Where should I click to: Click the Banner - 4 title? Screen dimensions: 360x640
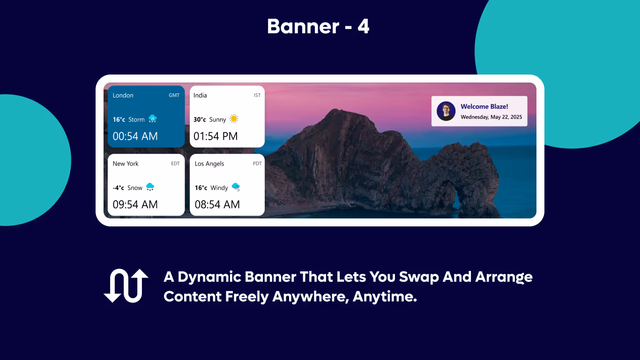pyautogui.click(x=318, y=27)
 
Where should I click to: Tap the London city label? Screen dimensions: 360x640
pyautogui.click(x=123, y=96)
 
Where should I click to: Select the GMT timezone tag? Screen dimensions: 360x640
pyautogui.click(x=174, y=96)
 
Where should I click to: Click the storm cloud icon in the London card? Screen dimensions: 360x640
pyautogui.click(x=153, y=119)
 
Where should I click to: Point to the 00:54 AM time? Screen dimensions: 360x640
pyautogui.click(x=135, y=136)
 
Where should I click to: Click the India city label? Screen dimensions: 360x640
pyautogui.click(x=200, y=96)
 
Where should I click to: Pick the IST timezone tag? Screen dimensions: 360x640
pyautogui.click(x=257, y=96)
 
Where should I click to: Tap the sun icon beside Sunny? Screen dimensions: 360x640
pyautogui.click(x=234, y=119)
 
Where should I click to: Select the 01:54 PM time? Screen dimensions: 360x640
pyautogui.click(x=216, y=136)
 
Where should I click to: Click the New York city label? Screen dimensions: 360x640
pyautogui.click(x=126, y=164)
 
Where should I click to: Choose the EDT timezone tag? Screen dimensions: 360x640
pyautogui.click(x=175, y=164)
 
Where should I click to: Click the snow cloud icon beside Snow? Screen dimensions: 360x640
pyautogui.click(x=150, y=187)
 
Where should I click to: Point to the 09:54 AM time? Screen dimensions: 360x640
pyautogui.click(x=135, y=204)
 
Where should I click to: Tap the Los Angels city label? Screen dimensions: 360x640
pyautogui.click(x=209, y=164)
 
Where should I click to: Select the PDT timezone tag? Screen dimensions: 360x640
pyautogui.click(x=257, y=164)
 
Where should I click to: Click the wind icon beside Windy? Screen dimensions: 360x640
pyautogui.click(x=236, y=187)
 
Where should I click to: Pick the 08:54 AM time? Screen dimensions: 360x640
pyautogui.click(x=217, y=204)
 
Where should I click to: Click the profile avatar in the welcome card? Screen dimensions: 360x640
pyautogui.click(x=446, y=111)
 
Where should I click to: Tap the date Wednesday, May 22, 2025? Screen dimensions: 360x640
pyautogui.click(x=491, y=117)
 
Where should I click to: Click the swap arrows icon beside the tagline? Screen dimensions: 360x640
pyautogui.click(x=126, y=285)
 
